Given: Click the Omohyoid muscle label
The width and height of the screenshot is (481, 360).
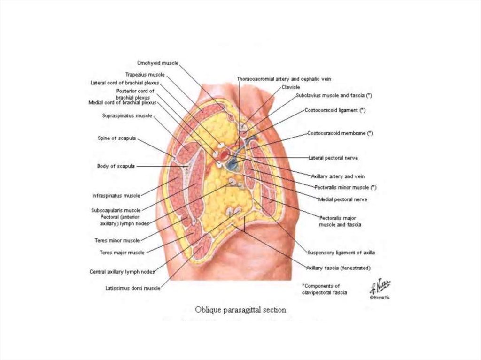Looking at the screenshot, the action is [x=158, y=63].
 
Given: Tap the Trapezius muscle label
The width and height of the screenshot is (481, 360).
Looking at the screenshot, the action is [x=145, y=75].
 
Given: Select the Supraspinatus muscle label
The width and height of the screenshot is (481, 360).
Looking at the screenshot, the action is [x=127, y=115].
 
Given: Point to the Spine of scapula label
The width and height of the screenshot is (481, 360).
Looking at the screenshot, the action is [x=116, y=138].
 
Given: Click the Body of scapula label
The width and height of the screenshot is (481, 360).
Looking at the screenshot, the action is [x=116, y=166].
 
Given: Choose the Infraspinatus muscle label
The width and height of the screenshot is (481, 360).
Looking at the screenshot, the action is [x=116, y=195].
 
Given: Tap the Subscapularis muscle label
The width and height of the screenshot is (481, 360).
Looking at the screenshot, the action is [x=116, y=210].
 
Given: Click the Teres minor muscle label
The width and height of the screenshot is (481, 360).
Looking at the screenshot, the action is [x=117, y=240].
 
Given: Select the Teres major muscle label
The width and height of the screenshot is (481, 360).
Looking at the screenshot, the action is [x=122, y=253].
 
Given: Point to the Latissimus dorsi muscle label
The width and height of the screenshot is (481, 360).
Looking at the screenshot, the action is [x=133, y=288].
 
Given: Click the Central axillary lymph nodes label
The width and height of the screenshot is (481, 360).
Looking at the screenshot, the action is [x=122, y=272].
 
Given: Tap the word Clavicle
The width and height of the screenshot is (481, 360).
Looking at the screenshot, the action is [x=291, y=87].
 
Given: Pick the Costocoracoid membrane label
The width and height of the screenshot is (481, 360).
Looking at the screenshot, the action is [x=340, y=133].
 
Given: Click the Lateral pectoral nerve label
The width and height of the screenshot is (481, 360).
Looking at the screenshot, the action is [x=333, y=158].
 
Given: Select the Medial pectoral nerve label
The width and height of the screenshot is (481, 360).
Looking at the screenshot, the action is [x=342, y=199].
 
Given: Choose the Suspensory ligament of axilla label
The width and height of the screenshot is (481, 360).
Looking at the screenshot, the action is [x=341, y=253].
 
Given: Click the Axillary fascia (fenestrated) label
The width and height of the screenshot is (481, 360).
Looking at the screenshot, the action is [x=339, y=268].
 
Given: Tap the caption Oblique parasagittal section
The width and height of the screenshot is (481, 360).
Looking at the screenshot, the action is [x=240, y=310].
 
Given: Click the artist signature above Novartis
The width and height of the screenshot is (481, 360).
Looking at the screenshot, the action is [x=380, y=287].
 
